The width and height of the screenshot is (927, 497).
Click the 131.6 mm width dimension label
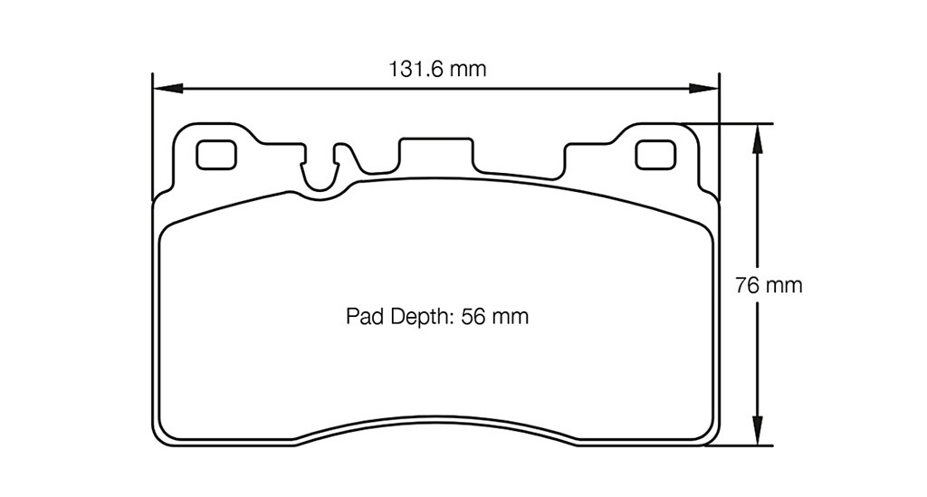click(437, 69)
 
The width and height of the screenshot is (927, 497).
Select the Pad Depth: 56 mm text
click(436, 317)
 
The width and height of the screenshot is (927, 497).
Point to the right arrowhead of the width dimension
click(705, 89)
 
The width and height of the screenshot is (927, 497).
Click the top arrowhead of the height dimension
click(757, 137)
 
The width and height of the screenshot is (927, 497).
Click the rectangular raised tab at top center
click(435, 152)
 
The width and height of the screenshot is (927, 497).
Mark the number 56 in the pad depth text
click(475, 317)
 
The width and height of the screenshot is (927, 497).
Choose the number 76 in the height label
click(747, 286)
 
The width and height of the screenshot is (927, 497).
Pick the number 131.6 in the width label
click(417, 69)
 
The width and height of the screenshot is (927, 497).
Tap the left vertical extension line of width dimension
click(151, 136)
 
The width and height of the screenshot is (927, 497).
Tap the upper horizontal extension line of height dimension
click(733, 123)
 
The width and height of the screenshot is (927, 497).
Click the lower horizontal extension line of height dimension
click(738, 445)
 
